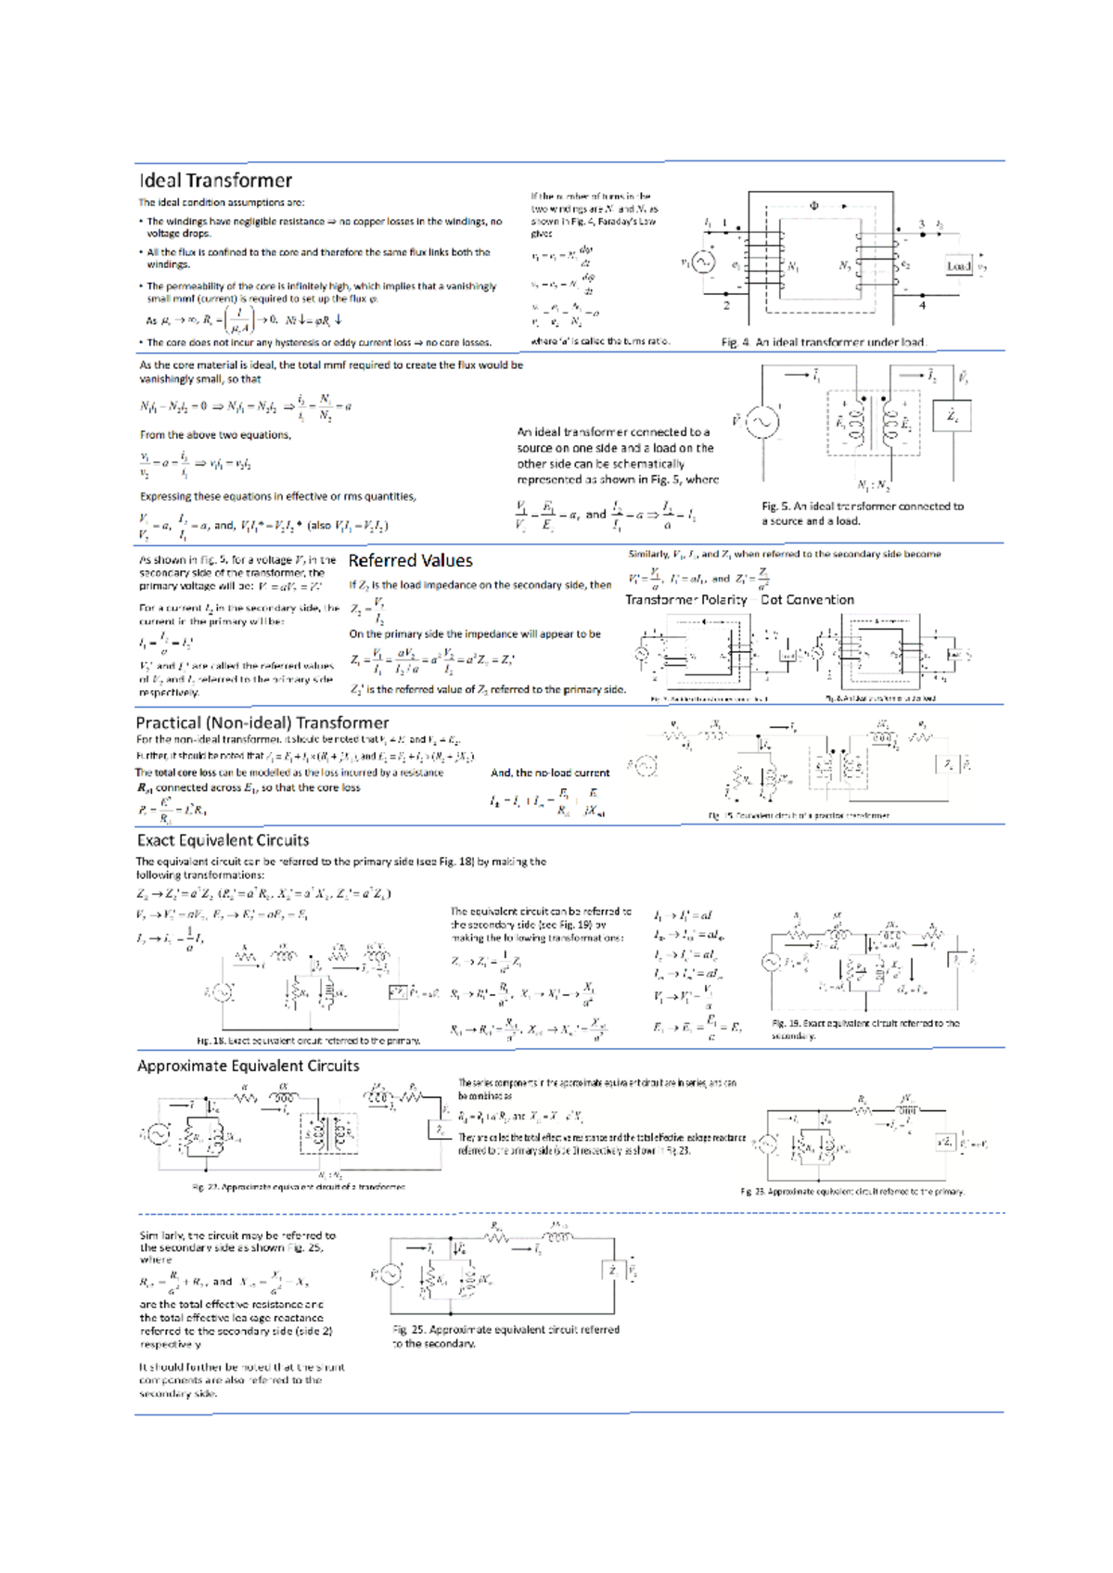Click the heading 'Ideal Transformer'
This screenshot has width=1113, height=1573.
tap(215, 181)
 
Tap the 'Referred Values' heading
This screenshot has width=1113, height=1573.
tap(410, 561)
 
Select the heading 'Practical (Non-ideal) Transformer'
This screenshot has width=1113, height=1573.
tap(262, 723)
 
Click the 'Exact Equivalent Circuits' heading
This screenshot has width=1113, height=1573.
tap(223, 840)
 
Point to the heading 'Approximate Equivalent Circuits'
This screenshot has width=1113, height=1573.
tap(248, 1066)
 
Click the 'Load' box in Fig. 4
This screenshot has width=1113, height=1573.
tap(958, 266)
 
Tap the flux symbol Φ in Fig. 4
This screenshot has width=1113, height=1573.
tap(814, 206)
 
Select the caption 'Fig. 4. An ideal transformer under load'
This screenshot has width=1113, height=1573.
tap(824, 342)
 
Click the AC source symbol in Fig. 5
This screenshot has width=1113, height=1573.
tap(762, 422)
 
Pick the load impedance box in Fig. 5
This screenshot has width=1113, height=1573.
tap(952, 417)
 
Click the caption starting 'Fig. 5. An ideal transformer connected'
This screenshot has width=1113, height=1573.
tap(863, 513)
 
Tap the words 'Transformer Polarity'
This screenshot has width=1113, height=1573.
tap(685, 600)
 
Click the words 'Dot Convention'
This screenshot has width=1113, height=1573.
tap(807, 600)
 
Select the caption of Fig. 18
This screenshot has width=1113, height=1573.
tap(308, 1041)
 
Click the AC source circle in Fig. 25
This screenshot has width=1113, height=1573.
tap(390, 1274)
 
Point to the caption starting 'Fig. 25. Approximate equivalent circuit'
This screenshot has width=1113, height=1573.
tap(505, 1336)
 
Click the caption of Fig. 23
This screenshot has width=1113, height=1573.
tap(852, 1192)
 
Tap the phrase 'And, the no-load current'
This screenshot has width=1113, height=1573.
tap(550, 773)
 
